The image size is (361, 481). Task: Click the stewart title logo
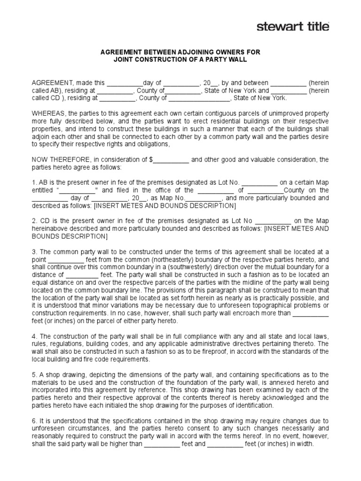[x=292, y=26]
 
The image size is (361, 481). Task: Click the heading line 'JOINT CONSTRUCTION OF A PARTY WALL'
[x=180, y=60]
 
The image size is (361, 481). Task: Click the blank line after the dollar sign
[x=171, y=160]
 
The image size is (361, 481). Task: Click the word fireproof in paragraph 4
[x=215, y=352]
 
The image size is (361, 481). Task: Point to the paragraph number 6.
[x=34, y=421]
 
